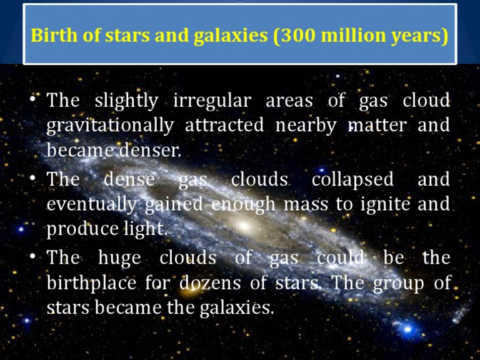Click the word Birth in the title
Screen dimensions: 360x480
coord(52,35)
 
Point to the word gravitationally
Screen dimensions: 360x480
coord(110,126)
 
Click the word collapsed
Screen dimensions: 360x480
coord(352,179)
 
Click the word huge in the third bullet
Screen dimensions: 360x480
coord(120,258)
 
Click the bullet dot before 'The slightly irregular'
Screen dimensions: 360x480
coord(32,101)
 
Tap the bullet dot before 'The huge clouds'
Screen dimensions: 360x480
coord(32,257)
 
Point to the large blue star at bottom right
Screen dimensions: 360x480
coord(407,327)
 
